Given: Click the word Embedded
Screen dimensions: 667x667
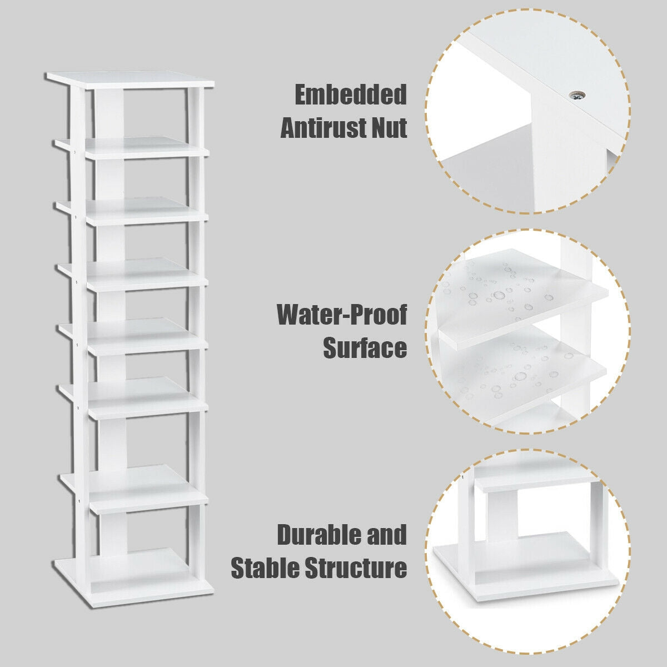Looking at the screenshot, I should point(350,95).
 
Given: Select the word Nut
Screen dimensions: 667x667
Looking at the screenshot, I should point(386,128).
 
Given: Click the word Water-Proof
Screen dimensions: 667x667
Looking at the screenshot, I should point(342,315).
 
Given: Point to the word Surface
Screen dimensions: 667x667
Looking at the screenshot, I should point(365,349).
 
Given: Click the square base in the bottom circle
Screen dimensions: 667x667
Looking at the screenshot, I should point(525,578).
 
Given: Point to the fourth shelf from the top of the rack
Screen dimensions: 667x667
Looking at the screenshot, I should point(133,272).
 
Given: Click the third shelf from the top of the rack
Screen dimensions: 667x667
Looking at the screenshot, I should point(133,208).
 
